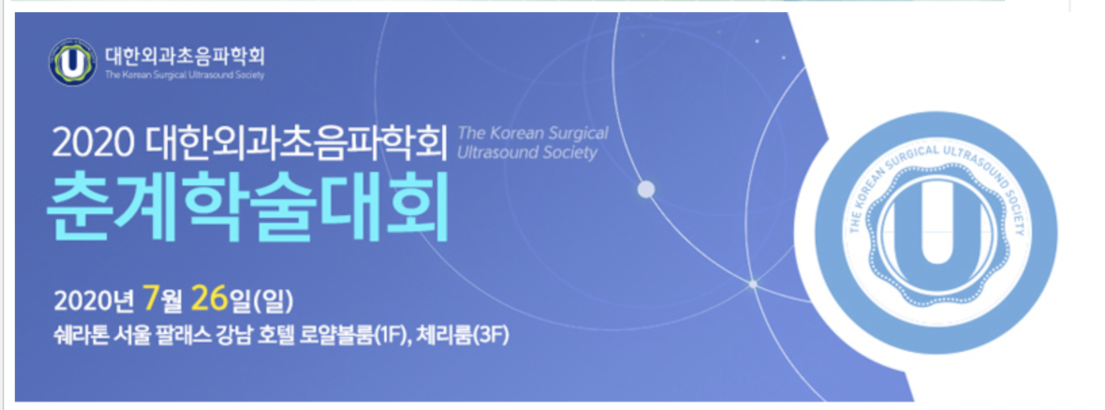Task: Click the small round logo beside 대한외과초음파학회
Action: (72, 62)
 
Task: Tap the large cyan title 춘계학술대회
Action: (248, 206)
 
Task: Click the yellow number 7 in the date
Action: (150, 298)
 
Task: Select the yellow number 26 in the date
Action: (209, 298)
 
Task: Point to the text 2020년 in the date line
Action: (93, 300)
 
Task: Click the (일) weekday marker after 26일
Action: (273, 300)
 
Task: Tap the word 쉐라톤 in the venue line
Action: (81, 336)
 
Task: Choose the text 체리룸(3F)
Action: (463, 336)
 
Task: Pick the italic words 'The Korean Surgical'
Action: (534, 133)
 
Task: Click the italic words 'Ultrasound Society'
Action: (527, 152)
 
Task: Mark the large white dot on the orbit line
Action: (646, 189)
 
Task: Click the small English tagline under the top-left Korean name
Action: (185, 75)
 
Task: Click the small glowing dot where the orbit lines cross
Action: (753, 283)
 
